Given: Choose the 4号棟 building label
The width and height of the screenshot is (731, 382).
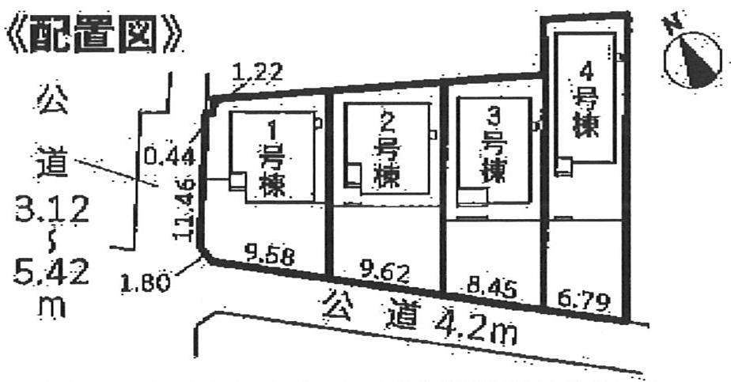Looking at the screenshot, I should (x=585, y=103).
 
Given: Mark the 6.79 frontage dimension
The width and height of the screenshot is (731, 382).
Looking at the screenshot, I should (x=585, y=301).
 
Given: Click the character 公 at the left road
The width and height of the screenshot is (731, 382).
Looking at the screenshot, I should (x=51, y=100).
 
